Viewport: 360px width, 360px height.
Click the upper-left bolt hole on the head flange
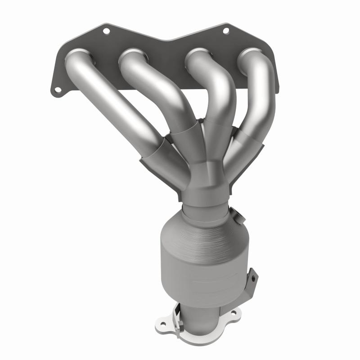(x=106, y=31)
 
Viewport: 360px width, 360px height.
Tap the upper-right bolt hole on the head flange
(x=226, y=31)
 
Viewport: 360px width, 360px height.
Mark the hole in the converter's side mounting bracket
(x=253, y=275)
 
